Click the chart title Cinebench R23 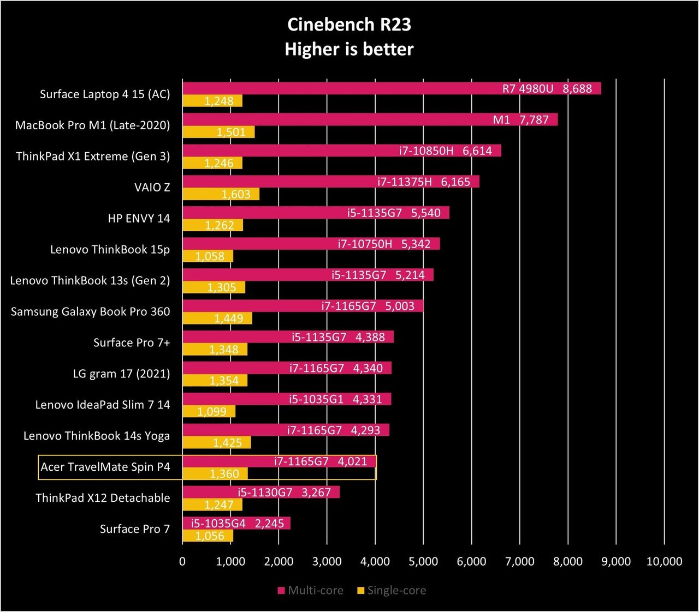click(x=349, y=25)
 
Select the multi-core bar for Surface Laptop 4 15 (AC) click(x=392, y=88)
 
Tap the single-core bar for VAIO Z click(x=221, y=194)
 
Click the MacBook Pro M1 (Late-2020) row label click(x=92, y=125)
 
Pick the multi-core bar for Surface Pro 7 click(x=236, y=523)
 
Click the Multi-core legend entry click(x=311, y=590)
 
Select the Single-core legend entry click(x=391, y=590)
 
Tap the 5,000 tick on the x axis click(x=423, y=561)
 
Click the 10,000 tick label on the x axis click(x=664, y=561)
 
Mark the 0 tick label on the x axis click(x=182, y=561)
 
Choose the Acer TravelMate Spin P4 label click(x=105, y=467)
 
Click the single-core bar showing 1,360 click(x=215, y=473)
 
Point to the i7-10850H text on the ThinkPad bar click(x=426, y=151)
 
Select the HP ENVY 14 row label click(x=139, y=218)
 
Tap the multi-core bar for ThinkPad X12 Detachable click(x=261, y=492)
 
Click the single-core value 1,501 click(x=231, y=132)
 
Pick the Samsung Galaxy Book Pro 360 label click(x=91, y=311)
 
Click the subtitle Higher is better click(x=349, y=49)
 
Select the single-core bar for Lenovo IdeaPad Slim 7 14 click(x=209, y=411)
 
